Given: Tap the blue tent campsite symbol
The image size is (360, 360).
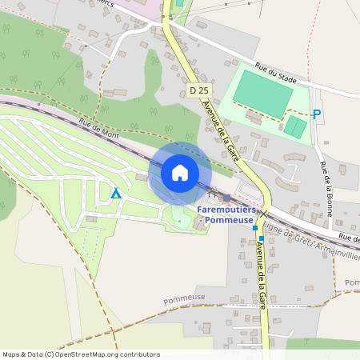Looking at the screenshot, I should click(116, 193).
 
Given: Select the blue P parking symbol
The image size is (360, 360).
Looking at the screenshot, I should click(317, 114).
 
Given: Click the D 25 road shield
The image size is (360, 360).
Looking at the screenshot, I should click(200, 91).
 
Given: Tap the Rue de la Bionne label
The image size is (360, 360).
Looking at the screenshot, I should click(326, 184).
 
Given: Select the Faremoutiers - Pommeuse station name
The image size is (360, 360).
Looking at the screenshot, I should click(228, 214).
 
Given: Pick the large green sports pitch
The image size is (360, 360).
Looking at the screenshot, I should click(263, 94).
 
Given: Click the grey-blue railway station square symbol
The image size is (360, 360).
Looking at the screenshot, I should click(227, 198).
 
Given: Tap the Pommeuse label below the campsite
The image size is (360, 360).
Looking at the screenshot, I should click(185, 299).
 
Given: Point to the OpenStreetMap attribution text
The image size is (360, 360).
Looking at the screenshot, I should click(81, 354).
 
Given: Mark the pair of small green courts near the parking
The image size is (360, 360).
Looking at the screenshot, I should click(295, 126).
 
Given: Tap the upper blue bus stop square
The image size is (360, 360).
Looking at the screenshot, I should click(255, 228).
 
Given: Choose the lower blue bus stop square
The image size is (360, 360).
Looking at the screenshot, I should click(262, 238).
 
